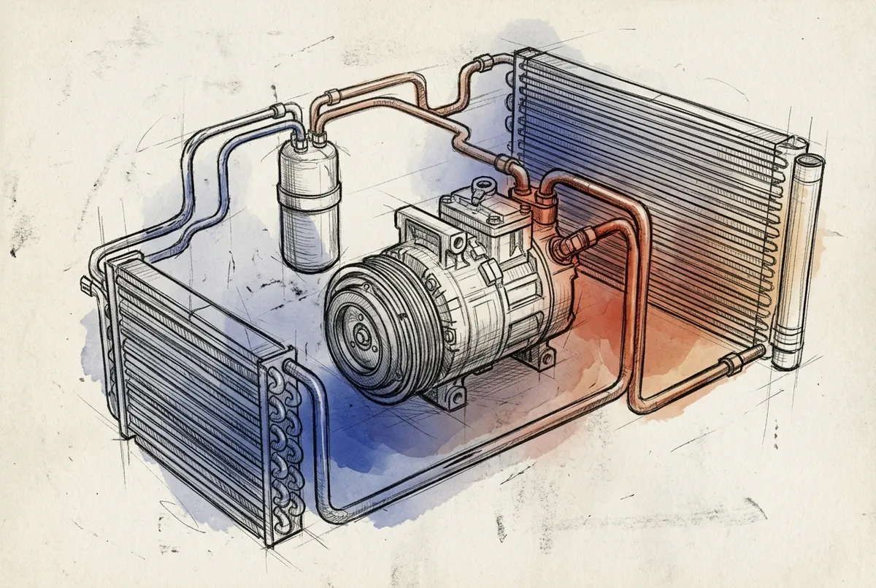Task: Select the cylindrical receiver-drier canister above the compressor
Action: tap(310, 205)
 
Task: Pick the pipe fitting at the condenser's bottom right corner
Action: tap(732, 361)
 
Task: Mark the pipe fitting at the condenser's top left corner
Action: tap(483, 62)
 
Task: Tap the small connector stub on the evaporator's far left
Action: tap(86, 285)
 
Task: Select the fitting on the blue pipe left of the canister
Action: tap(277, 111)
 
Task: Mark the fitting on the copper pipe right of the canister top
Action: tap(332, 96)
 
